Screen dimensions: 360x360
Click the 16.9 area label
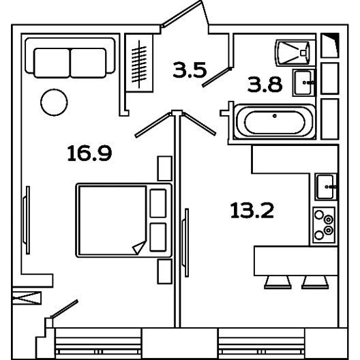pos(89,153)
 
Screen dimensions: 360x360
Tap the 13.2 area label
pos(252,210)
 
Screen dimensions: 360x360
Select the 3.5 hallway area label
pos(190,70)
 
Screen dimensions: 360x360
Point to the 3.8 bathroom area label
pos(265,85)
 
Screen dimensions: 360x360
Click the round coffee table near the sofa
pos(54,102)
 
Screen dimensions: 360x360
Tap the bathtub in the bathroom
pos(274,121)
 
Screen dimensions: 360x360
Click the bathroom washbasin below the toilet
pos(303,82)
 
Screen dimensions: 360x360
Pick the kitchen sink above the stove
pos(326,187)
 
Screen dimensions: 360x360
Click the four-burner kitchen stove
pos(324,225)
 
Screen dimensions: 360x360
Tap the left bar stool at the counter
pos(277,282)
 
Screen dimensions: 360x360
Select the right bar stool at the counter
pos(315,282)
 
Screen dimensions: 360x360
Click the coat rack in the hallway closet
pos(139,64)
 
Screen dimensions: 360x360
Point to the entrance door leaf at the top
pos(181,14)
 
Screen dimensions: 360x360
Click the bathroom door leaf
pos(217,77)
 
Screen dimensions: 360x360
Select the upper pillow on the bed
pos(158,203)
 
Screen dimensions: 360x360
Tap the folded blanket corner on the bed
pos(139,247)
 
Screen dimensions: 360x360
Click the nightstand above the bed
pos(164,168)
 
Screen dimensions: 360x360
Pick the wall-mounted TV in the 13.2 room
pos(185,243)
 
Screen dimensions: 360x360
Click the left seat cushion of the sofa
pos(52,63)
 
